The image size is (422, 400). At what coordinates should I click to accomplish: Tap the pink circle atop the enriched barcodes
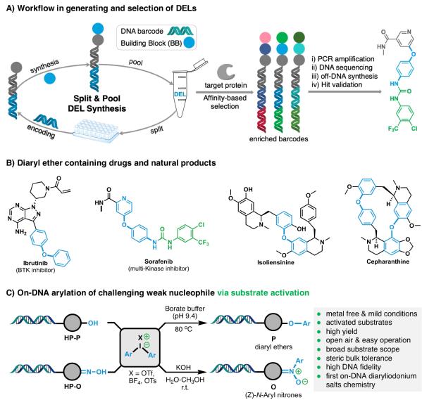click(x=266, y=37)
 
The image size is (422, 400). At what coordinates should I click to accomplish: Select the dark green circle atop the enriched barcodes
click(x=299, y=37)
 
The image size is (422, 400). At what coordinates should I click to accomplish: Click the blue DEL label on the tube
click(x=180, y=94)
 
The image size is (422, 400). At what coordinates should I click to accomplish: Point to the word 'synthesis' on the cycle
click(x=44, y=66)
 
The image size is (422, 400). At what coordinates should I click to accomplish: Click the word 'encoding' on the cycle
click(x=41, y=131)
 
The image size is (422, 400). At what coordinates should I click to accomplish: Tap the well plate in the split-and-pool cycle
click(x=96, y=131)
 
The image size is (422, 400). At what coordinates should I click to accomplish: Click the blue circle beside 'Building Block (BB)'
click(x=190, y=43)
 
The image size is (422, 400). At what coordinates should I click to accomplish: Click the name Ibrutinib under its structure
click(x=35, y=263)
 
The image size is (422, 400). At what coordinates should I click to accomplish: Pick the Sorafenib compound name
click(x=159, y=262)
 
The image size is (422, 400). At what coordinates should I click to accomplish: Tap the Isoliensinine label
click(x=276, y=262)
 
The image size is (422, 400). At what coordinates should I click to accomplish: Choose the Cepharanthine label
click(x=387, y=262)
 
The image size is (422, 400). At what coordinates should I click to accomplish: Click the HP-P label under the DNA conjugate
click(x=73, y=337)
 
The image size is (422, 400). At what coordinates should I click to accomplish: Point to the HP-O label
click(x=73, y=387)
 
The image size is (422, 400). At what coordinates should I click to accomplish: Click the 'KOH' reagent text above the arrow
click(x=183, y=367)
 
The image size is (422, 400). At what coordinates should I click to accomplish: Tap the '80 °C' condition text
click(x=184, y=329)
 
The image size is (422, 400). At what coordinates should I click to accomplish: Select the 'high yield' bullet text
click(x=342, y=331)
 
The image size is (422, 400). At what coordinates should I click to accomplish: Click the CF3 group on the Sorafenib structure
click(x=204, y=243)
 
